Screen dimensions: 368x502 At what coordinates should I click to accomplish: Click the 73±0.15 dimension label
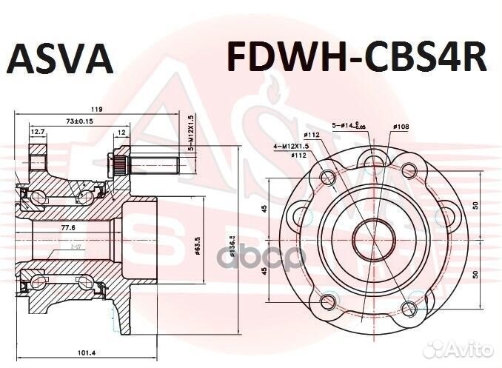[x=80, y=120]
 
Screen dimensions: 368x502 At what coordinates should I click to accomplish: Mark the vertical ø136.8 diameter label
[x=232, y=244]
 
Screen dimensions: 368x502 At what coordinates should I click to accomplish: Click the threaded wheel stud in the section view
[x=144, y=161]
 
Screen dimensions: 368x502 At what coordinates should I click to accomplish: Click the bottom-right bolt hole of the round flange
[x=409, y=310]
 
